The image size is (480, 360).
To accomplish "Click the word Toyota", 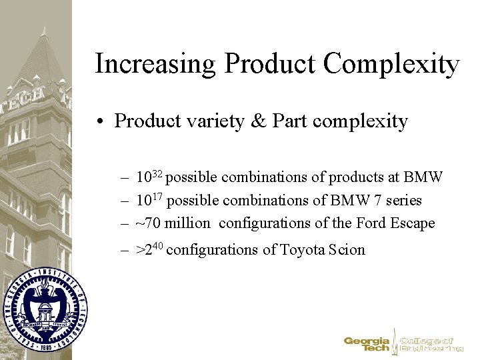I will tap(303, 250).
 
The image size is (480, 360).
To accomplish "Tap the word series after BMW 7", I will tap(402, 200).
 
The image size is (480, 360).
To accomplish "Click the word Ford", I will tap(375, 223).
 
